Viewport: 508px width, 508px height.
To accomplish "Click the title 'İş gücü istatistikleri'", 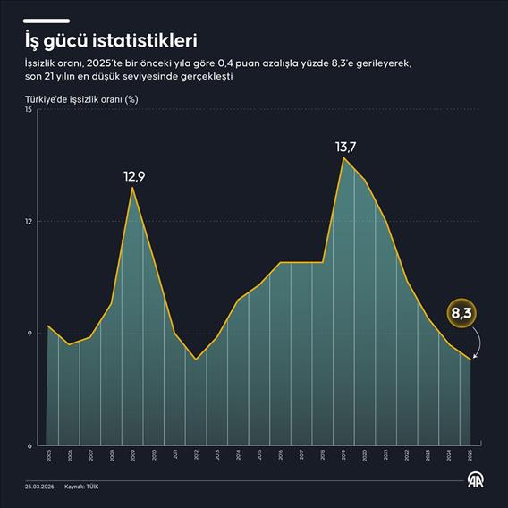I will [111, 40].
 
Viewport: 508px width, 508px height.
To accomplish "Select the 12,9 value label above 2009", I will [134, 176].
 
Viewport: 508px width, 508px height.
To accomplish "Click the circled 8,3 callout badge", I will [461, 314].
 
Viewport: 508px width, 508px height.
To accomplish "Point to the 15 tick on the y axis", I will [29, 110].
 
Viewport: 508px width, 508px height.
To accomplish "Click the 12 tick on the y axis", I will [29, 222].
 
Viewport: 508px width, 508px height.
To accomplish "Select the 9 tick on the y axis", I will [30, 334].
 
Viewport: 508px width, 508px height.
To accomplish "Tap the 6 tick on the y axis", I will [30, 445].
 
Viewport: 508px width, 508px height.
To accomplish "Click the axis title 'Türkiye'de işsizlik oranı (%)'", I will [80, 100].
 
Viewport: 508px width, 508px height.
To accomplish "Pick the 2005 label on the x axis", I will [48, 455].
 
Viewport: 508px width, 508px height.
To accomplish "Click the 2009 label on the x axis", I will [133, 455].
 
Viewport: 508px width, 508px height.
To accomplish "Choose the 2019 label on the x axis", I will [343, 455].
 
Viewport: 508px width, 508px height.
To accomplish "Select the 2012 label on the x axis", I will [197, 455].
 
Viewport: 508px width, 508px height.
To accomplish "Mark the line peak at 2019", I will [343, 158].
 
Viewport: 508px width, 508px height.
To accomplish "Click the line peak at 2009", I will [133, 187].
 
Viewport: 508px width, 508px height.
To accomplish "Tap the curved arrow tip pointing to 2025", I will [473, 358].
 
